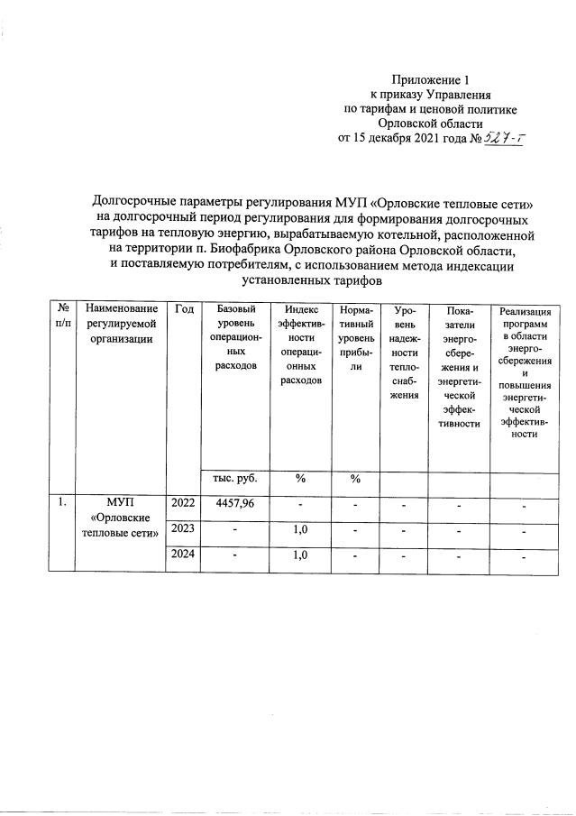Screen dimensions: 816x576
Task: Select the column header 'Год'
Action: click(184, 309)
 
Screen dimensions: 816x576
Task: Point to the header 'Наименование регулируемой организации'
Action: click(122, 324)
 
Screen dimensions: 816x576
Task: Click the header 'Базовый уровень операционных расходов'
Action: click(236, 338)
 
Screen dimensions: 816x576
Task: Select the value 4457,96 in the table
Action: click(236, 503)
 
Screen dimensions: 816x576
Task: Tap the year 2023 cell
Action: click(184, 529)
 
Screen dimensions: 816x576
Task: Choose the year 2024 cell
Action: click(184, 555)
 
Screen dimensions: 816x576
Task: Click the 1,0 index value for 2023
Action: click(300, 529)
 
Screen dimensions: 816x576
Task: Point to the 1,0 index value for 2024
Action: click(300, 555)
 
